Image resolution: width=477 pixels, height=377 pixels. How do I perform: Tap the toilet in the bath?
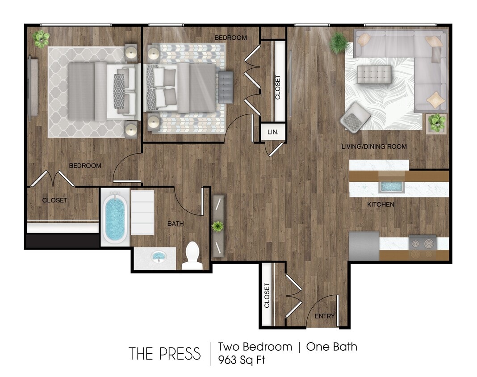coord(192,256)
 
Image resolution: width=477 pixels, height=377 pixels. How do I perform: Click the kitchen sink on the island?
coord(391,186)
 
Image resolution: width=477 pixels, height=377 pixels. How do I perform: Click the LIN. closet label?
coord(272,132)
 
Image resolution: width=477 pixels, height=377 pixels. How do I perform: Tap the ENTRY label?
coord(324,316)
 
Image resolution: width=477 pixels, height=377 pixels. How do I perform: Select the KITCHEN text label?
coord(381,205)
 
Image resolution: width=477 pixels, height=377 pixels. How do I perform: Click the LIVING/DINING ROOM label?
coord(374,147)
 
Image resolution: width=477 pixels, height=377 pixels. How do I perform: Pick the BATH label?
coord(176,223)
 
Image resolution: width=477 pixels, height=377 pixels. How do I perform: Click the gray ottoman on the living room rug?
coord(374,73)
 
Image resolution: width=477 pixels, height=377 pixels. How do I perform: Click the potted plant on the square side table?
coord(436,122)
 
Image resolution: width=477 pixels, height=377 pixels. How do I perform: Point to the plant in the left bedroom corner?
coord(41,39)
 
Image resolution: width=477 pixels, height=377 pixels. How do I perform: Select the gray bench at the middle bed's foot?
coord(226,87)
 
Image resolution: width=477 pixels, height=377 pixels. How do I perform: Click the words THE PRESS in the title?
coord(165,354)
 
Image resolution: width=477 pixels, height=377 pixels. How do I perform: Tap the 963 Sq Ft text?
coord(241,360)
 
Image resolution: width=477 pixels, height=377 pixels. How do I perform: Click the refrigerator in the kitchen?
coord(364,246)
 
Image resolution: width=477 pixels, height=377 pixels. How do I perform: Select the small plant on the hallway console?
coord(218,226)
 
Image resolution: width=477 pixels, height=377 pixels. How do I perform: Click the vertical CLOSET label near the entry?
coord(267,295)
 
